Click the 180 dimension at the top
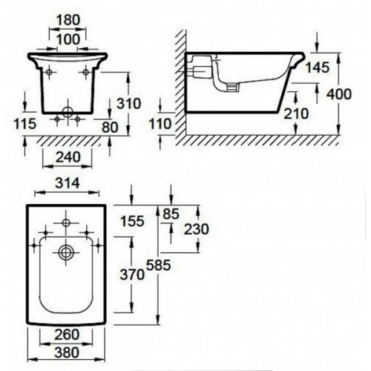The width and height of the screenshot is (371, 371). [68, 20]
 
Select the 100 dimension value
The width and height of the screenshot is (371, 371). [68, 39]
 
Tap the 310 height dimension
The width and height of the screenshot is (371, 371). [129, 103]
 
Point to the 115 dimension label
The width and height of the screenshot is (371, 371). [25, 124]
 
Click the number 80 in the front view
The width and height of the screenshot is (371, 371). [110, 128]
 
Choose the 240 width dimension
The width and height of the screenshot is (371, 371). [68, 157]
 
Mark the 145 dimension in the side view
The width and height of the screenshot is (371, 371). [318, 68]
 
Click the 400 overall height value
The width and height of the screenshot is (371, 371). [339, 94]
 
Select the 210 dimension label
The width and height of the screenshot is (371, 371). [296, 114]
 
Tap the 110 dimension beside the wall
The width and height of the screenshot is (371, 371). [160, 124]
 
